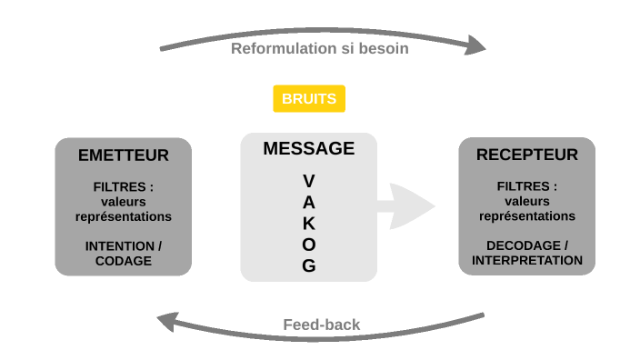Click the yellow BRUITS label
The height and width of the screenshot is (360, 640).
[309, 98]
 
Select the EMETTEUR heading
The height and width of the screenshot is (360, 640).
[123, 155]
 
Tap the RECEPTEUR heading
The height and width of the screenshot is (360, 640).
[526, 155]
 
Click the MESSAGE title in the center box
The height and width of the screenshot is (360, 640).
[308, 149]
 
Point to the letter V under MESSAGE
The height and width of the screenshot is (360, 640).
[308, 181]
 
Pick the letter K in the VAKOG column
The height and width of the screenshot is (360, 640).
[309, 224]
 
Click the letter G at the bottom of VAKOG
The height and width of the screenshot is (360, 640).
[309, 266]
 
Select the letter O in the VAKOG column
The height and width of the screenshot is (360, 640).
[309, 245]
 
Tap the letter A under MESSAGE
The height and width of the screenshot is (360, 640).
[309, 202]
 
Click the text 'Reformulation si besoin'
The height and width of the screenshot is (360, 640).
[319, 48]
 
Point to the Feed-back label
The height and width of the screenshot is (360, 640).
[321, 325]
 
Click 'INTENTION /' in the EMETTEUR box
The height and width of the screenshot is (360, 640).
[123, 246]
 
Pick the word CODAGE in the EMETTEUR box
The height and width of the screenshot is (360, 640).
[123, 261]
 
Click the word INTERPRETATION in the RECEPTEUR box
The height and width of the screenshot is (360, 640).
[527, 260]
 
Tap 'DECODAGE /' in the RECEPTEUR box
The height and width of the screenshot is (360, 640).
[527, 245]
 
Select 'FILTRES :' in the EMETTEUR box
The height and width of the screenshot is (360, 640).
[123, 186]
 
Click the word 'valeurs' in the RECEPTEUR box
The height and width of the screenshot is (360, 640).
[527, 201]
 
